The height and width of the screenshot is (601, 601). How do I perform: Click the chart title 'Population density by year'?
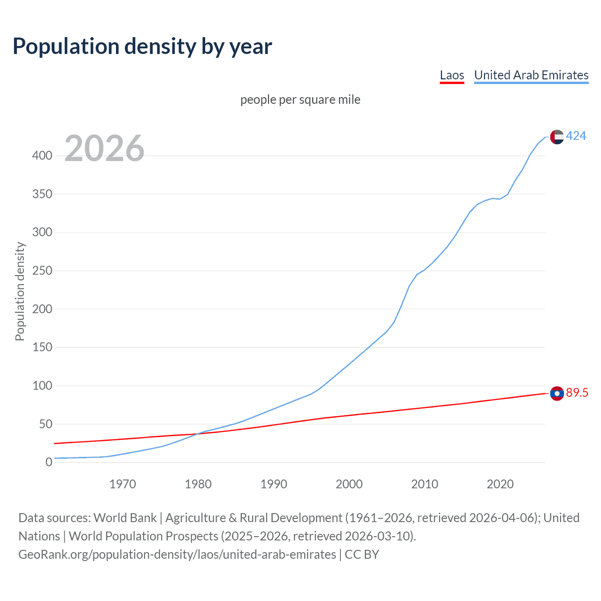coord(142,46)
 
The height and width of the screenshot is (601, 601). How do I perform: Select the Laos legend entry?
coord(452,75)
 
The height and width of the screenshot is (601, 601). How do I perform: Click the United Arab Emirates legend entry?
coord(531,75)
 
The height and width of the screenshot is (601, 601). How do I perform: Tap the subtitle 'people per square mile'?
coord(300,100)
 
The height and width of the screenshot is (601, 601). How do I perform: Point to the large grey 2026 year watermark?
coord(104,148)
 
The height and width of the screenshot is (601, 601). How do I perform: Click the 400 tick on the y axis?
coord(42,155)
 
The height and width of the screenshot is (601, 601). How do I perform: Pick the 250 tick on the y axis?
coord(42,271)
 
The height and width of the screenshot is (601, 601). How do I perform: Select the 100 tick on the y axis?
coord(42,385)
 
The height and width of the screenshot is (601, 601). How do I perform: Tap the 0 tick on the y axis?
coord(49,462)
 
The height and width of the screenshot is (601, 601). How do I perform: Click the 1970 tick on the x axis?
coord(123,484)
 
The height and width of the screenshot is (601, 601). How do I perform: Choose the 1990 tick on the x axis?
coord(274,484)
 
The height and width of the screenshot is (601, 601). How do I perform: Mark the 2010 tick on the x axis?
coord(424,484)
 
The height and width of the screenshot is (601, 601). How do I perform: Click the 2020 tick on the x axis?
coord(500,484)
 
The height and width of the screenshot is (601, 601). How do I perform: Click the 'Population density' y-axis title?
coord(20,291)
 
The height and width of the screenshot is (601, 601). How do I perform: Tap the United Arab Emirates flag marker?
coord(557,137)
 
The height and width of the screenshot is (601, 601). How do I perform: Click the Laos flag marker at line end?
coord(557,393)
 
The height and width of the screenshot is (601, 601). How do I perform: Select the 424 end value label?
coord(576,136)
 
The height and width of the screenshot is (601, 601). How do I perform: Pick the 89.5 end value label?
coord(577,393)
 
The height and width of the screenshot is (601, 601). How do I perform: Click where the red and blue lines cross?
coord(197,433)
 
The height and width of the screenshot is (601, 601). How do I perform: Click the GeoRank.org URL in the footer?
coord(177,555)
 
